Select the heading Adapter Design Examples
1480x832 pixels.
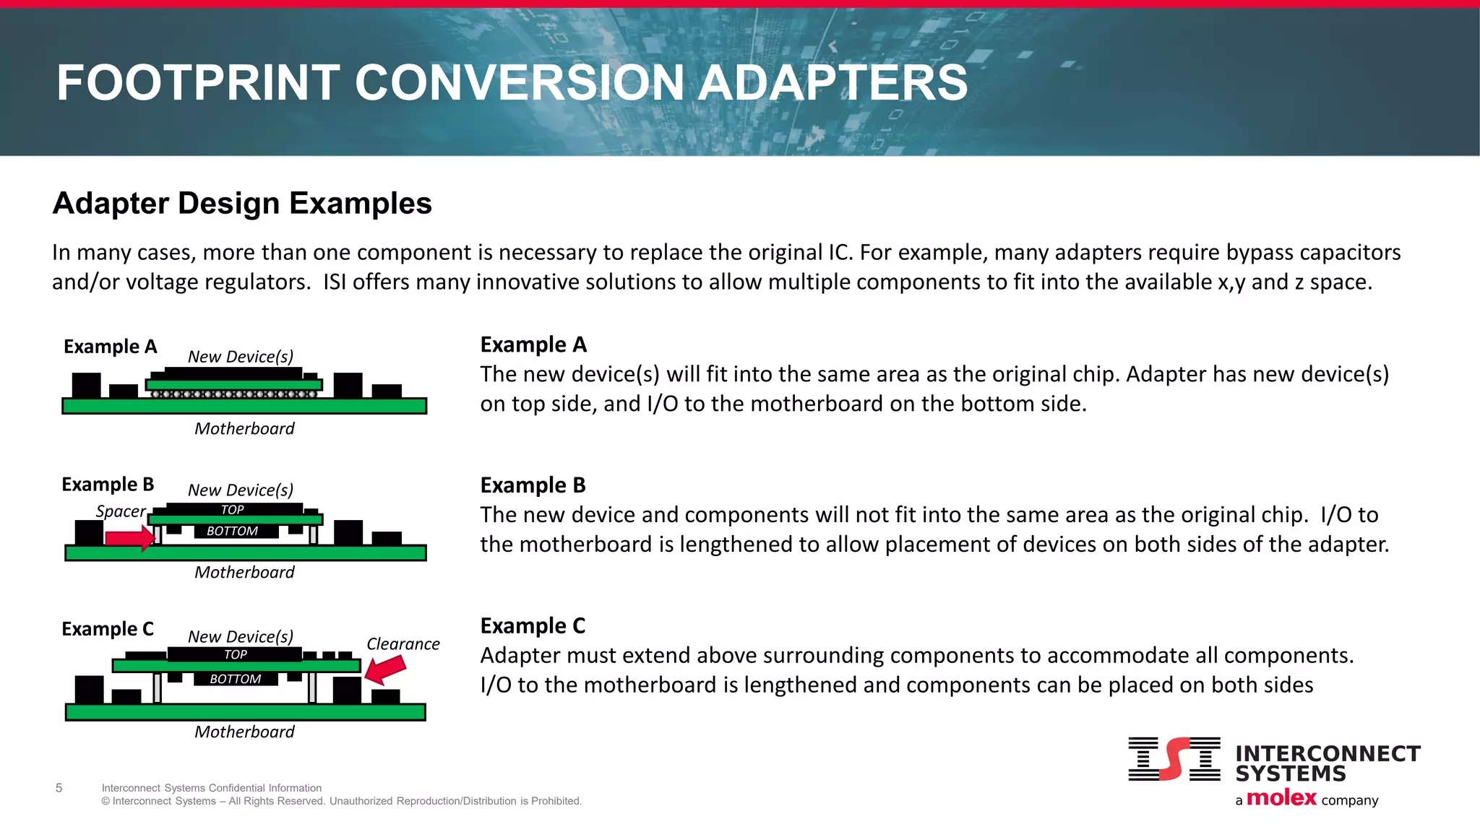pyautogui.click(x=242, y=204)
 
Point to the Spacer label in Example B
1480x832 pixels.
pyautogui.click(x=121, y=511)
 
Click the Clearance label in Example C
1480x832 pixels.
pyautogui.click(x=403, y=643)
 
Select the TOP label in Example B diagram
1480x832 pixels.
pyautogui.click(x=232, y=510)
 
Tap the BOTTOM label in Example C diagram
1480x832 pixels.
pyautogui.click(x=235, y=679)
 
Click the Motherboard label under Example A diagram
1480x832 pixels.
pyautogui.click(x=244, y=428)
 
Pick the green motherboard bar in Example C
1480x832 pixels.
pyautogui.click(x=245, y=712)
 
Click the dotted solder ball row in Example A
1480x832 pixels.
pyautogui.click(x=233, y=394)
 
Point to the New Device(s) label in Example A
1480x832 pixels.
pyautogui.click(x=240, y=357)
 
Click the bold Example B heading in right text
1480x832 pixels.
pyautogui.click(x=533, y=485)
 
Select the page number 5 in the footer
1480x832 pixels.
pyautogui.click(x=59, y=788)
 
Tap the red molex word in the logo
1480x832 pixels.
pyautogui.click(x=1281, y=798)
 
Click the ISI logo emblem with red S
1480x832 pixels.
pyautogui.click(x=1174, y=759)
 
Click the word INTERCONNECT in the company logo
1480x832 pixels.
pyautogui.click(x=1328, y=753)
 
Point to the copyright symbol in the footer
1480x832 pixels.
pyautogui.click(x=106, y=801)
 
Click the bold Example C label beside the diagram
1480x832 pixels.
pyautogui.click(x=108, y=629)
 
